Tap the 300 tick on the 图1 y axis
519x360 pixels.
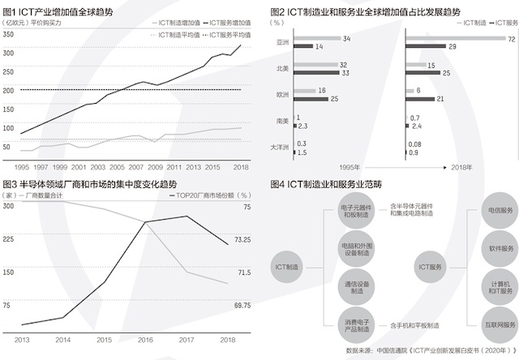pos(9,52)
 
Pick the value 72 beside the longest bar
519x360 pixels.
pos(512,39)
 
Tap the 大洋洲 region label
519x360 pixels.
pos(279,148)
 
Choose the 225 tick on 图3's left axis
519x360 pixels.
pos(9,238)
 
